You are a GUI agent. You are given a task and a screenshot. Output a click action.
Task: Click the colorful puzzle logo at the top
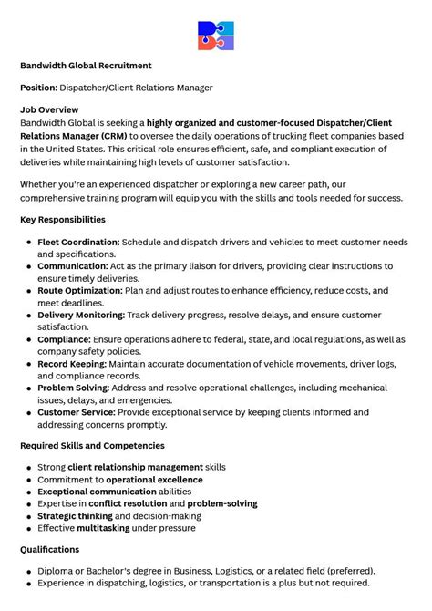(216, 36)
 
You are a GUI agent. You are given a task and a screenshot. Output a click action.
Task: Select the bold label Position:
(38, 88)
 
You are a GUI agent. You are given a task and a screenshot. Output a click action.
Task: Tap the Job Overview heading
(50, 109)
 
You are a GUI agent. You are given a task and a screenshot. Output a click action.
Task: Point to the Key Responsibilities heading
(63, 220)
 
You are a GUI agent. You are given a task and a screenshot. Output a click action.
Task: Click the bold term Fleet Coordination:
(78, 242)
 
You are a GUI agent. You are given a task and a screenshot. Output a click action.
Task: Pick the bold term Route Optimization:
(79, 291)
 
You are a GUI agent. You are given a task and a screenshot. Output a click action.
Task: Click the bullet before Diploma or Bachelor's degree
(30, 572)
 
